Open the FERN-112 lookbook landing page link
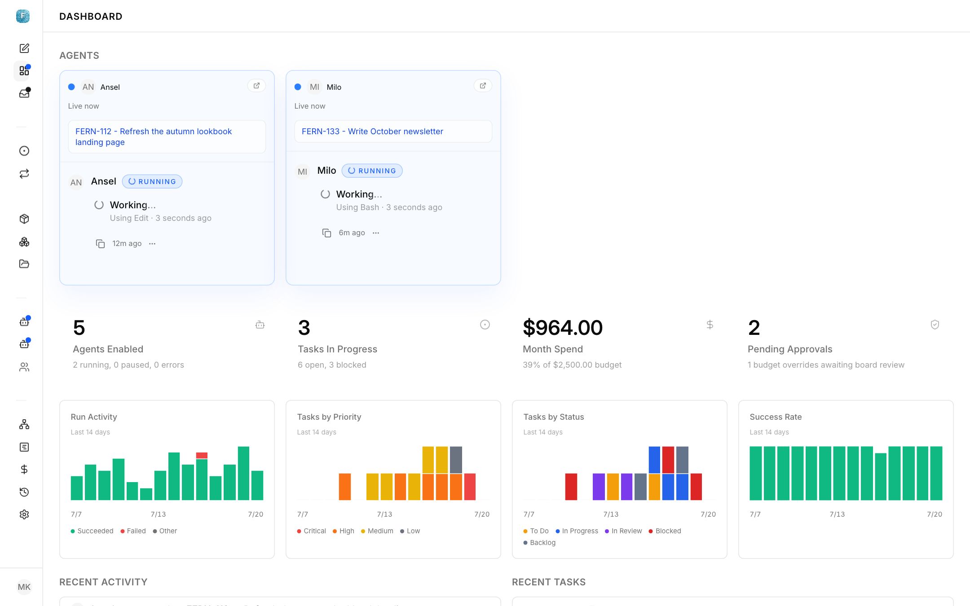[x=154, y=136]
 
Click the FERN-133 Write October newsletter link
[x=372, y=132]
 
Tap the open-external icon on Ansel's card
[x=256, y=86]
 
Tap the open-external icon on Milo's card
[x=483, y=86]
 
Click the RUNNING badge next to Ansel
[x=152, y=181]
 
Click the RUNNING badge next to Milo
[x=372, y=171]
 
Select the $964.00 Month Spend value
[x=563, y=328]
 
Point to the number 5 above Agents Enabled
[x=79, y=328]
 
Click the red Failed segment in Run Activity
[x=202, y=456]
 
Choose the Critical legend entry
[x=311, y=531]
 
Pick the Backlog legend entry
[x=539, y=543]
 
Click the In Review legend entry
[x=623, y=531]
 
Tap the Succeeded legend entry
[x=92, y=531]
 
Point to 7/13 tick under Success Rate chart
[x=837, y=514]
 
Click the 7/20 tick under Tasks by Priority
[x=482, y=514]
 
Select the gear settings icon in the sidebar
[x=24, y=514]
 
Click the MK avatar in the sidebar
[x=24, y=587]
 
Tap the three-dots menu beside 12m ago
[x=152, y=244]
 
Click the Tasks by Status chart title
[x=554, y=417]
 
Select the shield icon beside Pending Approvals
[x=935, y=325]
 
